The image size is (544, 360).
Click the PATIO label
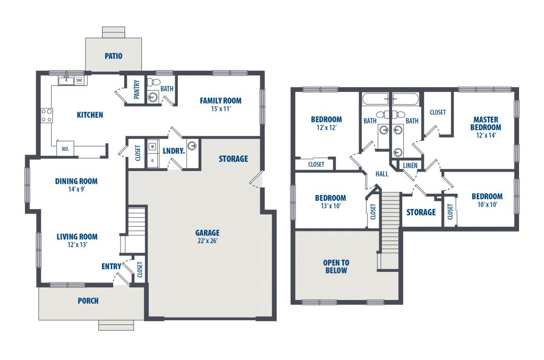(x=114, y=56)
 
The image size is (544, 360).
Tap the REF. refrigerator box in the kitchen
(x=65, y=149)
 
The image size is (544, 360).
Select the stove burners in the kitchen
(x=47, y=116)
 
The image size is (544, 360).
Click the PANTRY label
(x=137, y=89)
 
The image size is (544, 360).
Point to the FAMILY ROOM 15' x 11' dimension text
(x=220, y=109)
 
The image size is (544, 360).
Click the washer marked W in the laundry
(x=152, y=147)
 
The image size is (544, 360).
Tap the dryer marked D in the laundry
(x=152, y=160)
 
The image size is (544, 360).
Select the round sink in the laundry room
(x=192, y=144)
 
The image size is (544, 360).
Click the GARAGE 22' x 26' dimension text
(x=208, y=241)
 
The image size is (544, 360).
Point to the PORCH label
(x=88, y=301)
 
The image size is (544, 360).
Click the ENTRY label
(x=112, y=267)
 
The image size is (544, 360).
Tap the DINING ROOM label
(x=76, y=181)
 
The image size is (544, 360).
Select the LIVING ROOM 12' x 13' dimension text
(x=77, y=244)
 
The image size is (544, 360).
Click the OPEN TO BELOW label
(x=336, y=267)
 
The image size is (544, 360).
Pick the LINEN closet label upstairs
(x=410, y=166)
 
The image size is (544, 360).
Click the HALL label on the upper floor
(x=381, y=174)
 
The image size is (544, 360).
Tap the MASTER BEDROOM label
(x=486, y=124)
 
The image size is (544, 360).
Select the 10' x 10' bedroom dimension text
(x=488, y=204)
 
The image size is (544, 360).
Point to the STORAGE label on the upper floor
(x=421, y=212)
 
